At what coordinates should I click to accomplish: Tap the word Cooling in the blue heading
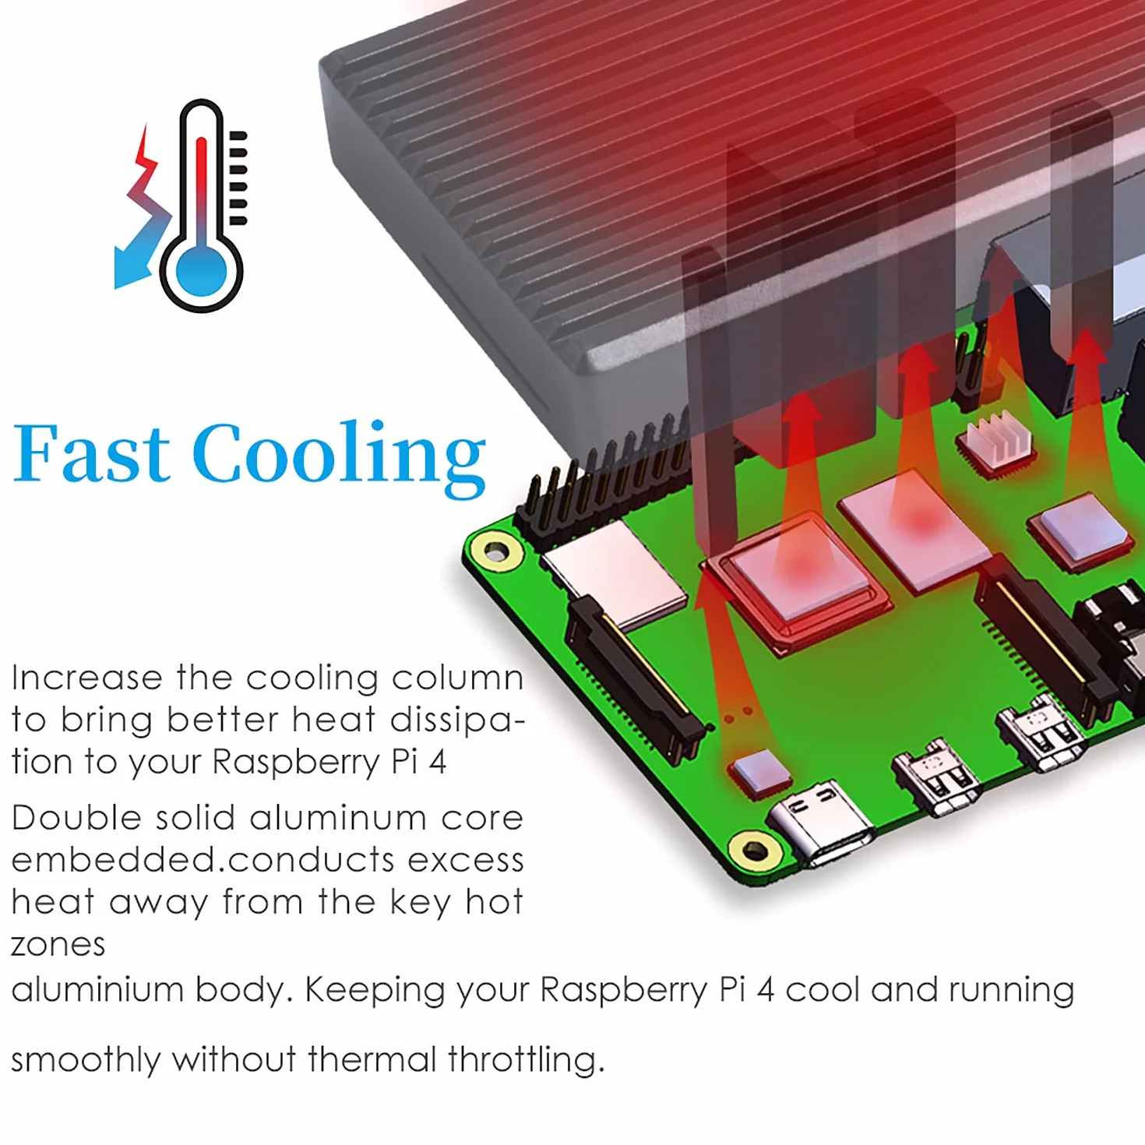[x=339, y=458]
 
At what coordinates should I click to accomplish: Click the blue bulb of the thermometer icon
[x=202, y=273]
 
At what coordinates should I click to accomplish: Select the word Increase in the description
[x=86, y=678]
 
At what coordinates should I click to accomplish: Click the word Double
[x=76, y=818]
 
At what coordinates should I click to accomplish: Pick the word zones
[x=58, y=945]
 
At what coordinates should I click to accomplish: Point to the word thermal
[x=372, y=1059]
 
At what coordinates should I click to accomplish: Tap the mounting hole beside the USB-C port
[x=755, y=850]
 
